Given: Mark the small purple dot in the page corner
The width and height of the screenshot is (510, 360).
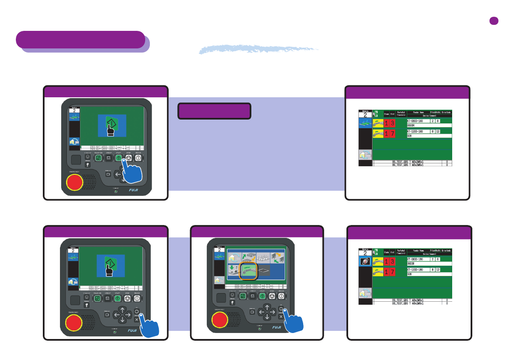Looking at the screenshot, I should point(495,21).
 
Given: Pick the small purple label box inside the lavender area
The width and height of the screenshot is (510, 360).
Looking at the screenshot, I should point(214,111).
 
